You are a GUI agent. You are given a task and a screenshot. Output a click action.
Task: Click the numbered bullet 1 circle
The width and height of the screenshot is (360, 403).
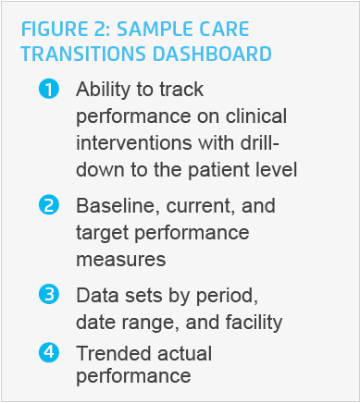48,90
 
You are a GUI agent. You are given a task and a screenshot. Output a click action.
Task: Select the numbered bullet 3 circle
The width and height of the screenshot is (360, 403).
48,296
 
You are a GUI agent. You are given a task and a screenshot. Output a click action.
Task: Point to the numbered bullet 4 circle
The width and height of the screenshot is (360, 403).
48,352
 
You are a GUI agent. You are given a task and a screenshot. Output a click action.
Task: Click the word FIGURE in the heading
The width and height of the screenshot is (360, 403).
52,28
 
